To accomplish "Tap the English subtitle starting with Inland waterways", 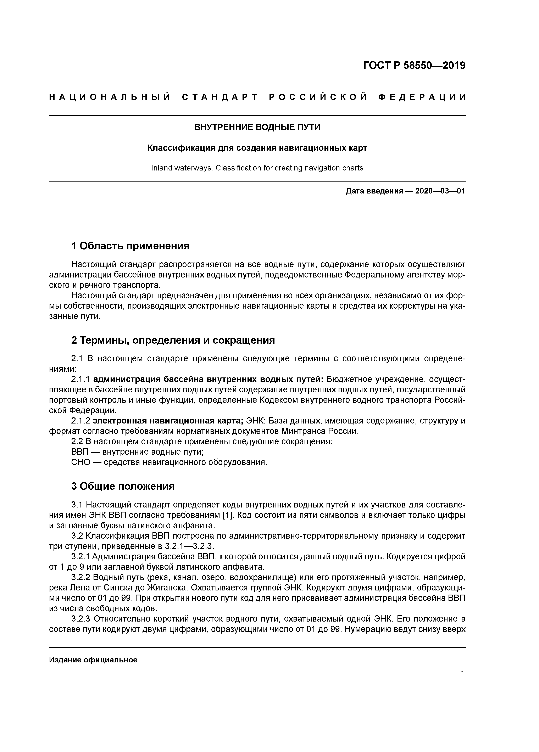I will pos(257,168).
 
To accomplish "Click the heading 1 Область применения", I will pos(130,246).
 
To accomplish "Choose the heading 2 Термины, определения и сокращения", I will pos(173,340).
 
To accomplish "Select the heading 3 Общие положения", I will pos(123,486).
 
